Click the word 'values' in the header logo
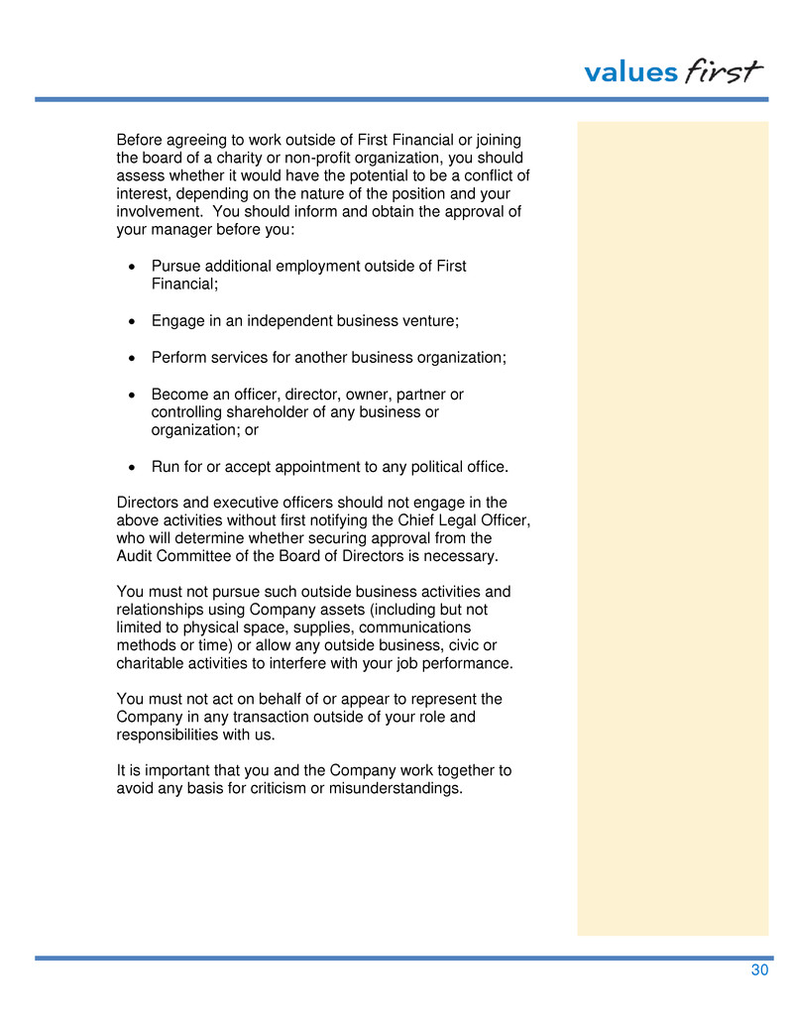click(630, 72)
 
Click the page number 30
click(759, 970)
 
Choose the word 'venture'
click(432, 321)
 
